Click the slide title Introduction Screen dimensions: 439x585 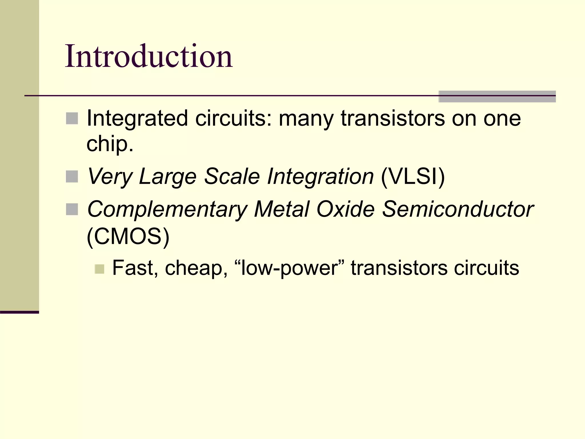point(149,56)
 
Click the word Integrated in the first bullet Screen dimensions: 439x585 point(137,119)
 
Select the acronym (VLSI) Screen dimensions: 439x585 point(413,177)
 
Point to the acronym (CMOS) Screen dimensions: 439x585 point(128,236)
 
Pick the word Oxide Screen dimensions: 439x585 point(345,209)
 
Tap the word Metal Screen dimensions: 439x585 point(282,209)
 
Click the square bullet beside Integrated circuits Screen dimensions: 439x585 point(72,118)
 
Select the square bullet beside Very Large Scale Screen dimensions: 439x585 point(72,177)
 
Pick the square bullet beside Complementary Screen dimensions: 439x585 point(72,209)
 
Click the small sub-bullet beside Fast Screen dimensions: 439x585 point(99,269)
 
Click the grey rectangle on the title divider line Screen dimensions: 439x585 point(497,96)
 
